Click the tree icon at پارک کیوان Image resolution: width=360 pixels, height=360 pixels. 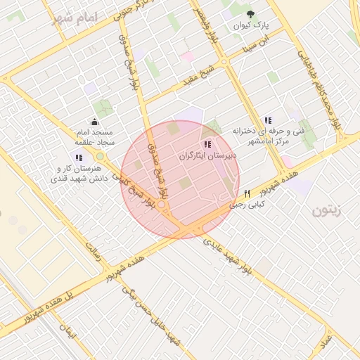click(x=251, y=14)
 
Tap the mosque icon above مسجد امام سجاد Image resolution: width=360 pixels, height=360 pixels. click(x=94, y=122)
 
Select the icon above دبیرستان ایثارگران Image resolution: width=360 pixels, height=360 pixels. click(x=206, y=144)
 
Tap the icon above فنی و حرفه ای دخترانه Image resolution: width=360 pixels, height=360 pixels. click(x=267, y=121)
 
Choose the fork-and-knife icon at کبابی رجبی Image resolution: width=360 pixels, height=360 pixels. click(x=247, y=193)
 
